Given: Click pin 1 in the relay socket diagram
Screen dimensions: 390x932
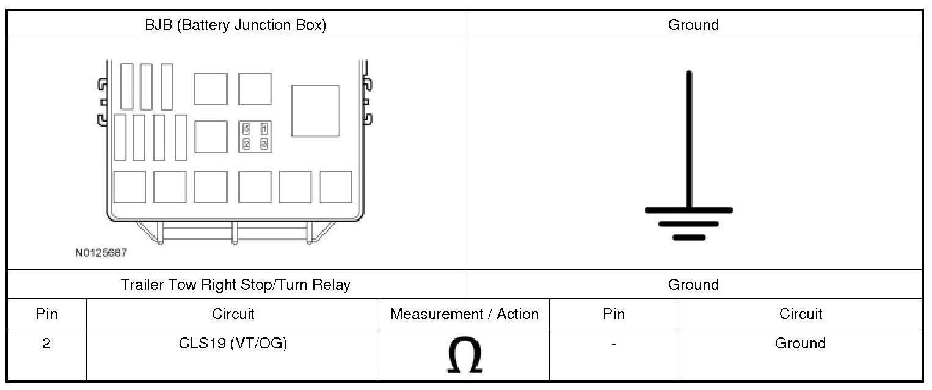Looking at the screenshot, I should click(x=264, y=129).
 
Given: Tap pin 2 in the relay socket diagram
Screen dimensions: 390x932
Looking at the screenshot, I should click(x=246, y=144).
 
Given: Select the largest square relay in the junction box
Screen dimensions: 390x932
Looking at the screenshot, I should click(x=315, y=111).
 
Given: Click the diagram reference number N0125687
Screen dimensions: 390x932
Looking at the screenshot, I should click(x=101, y=252).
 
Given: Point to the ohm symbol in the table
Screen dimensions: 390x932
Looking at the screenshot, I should click(x=464, y=355).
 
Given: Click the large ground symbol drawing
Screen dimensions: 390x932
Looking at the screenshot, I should click(x=689, y=156).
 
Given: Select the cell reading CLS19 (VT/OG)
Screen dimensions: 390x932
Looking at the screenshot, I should click(x=233, y=344).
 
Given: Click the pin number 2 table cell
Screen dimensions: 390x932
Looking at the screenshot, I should click(x=46, y=344).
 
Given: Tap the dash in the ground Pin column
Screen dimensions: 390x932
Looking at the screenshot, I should click(x=613, y=344).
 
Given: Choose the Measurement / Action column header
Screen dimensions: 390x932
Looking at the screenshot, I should click(x=464, y=314).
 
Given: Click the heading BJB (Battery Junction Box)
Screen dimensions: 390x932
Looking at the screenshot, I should click(x=235, y=25).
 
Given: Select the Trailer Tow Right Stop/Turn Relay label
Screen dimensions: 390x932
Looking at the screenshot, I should click(x=235, y=285).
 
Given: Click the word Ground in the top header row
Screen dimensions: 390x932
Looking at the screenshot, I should click(x=693, y=25).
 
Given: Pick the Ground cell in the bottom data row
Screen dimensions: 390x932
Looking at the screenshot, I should click(x=800, y=344).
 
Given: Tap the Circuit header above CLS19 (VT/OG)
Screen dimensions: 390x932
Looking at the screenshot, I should click(x=233, y=314).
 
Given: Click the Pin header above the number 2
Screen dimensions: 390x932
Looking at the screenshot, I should click(x=46, y=314).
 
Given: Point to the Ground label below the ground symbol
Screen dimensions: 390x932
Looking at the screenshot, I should click(x=693, y=285).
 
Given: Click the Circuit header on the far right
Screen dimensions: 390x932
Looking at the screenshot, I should click(x=800, y=314).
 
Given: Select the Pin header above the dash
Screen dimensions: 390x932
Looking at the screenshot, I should click(x=613, y=314).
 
